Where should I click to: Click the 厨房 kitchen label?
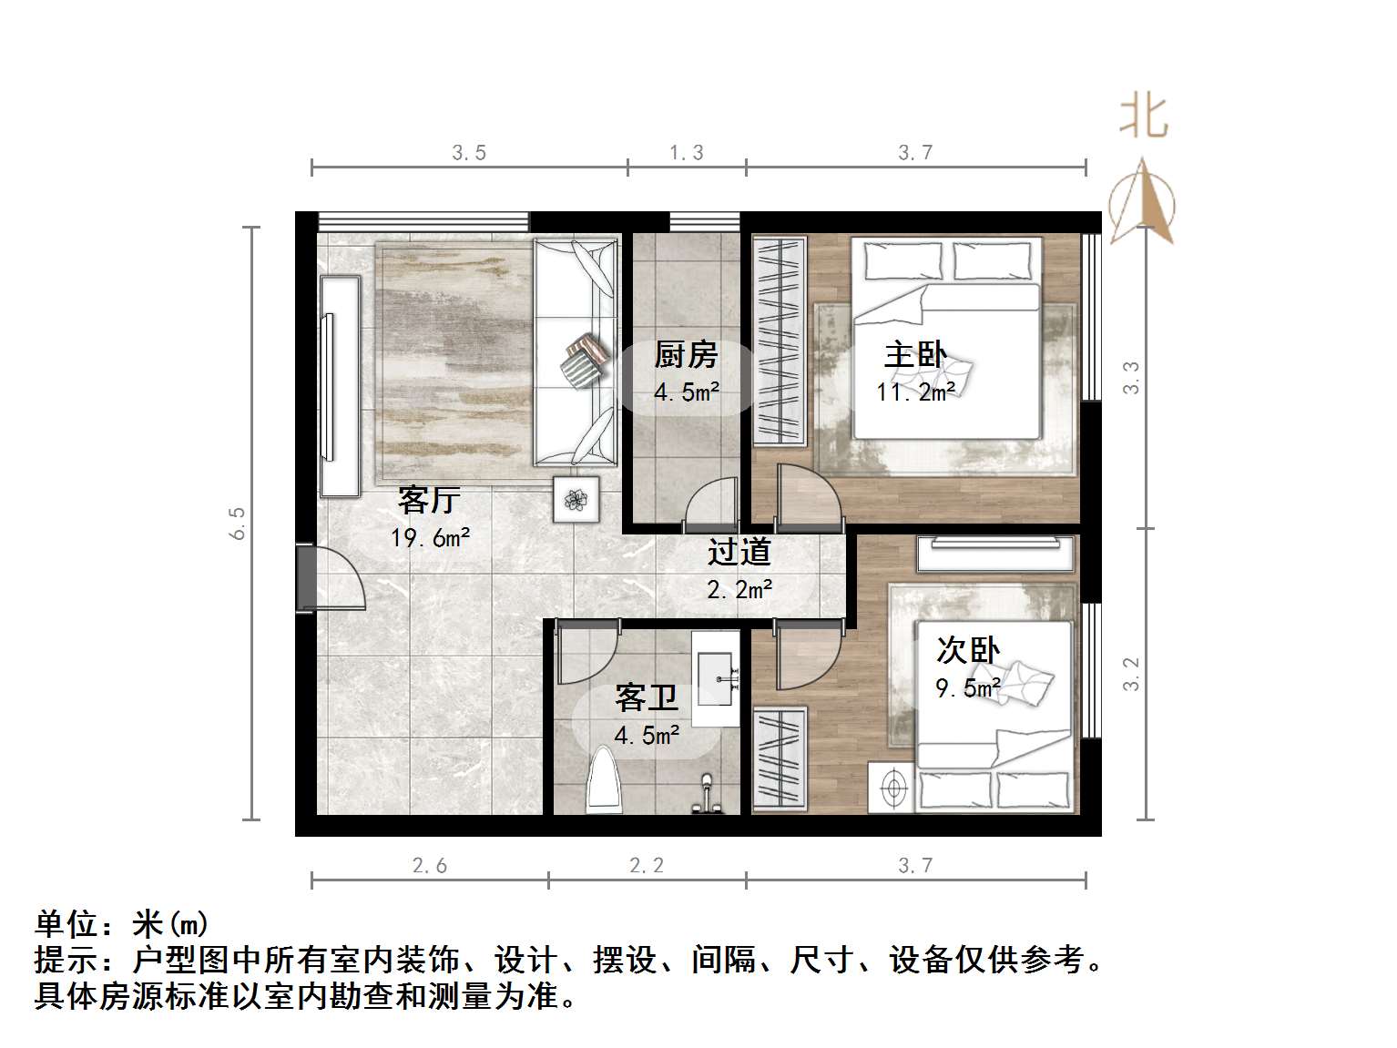click(686, 354)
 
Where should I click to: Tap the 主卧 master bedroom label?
click(915, 354)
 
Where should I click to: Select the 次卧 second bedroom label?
click(968, 650)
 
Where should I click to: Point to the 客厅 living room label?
click(429, 500)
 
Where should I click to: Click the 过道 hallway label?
click(739, 552)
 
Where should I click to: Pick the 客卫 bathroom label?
click(647, 698)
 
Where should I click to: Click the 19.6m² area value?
click(431, 538)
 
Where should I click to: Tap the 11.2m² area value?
click(916, 392)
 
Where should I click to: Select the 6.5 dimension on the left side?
click(239, 523)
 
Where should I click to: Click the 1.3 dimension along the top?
click(687, 153)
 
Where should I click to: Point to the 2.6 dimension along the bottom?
click(430, 865)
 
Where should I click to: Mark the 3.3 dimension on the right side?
click(1131, 377)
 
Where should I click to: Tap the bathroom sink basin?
click(719, 677)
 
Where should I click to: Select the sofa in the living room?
click(576, 352)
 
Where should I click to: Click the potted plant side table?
click(576, 499)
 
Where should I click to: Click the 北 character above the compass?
click(1144, 117)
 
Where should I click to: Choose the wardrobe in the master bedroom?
click(780, 341)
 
